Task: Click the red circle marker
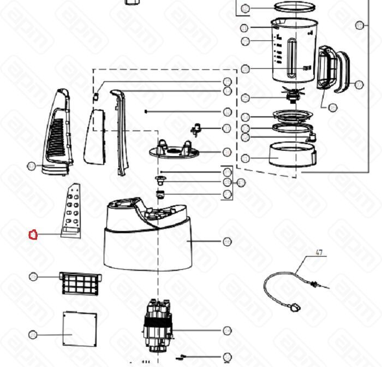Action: click(33, 235)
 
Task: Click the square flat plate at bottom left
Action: click(79, 329)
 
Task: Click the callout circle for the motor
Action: click(227, 330)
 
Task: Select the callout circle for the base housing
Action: click(227, 241)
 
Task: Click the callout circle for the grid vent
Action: click(33, 277)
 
